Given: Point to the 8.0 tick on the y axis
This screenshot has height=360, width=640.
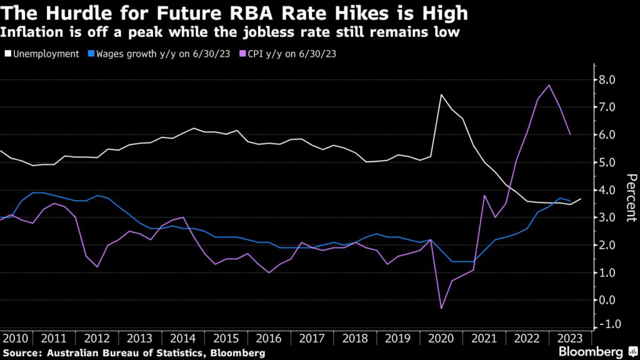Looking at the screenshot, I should click(607, 80).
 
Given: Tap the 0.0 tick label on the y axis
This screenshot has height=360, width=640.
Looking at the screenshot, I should click(607, 300).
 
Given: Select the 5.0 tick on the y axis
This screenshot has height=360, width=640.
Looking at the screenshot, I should click(607, 162).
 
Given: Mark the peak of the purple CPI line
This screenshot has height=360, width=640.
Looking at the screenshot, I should click(549, 85).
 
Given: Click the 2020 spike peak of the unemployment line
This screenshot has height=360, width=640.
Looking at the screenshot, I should click(441, 95).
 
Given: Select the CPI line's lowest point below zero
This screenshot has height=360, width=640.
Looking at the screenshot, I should click(442, 308).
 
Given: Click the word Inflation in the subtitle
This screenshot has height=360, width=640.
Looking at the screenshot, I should click(30, 32).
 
